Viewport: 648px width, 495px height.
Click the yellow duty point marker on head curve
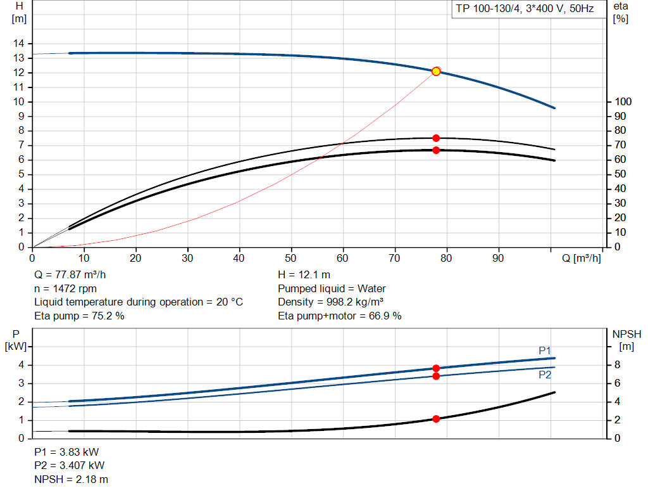coord(436,72)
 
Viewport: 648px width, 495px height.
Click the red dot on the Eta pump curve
coord(436,138)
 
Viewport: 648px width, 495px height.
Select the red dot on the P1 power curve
coord(436,368)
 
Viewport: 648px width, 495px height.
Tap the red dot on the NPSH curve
coord(436,419)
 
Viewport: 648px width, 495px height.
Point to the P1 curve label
coord(545,350)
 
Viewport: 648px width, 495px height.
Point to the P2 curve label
coord(545,375)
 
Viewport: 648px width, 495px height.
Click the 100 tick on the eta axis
coord(623,102)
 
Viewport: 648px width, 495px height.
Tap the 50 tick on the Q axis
coord(291,259)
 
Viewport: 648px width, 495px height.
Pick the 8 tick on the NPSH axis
coord(620,365)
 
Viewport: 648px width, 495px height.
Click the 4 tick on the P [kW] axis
coord(21,365)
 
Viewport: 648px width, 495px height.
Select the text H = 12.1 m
coord(304,275)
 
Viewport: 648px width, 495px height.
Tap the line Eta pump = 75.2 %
coord(79,316)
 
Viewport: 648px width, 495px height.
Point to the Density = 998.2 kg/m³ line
coord(331,302)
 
